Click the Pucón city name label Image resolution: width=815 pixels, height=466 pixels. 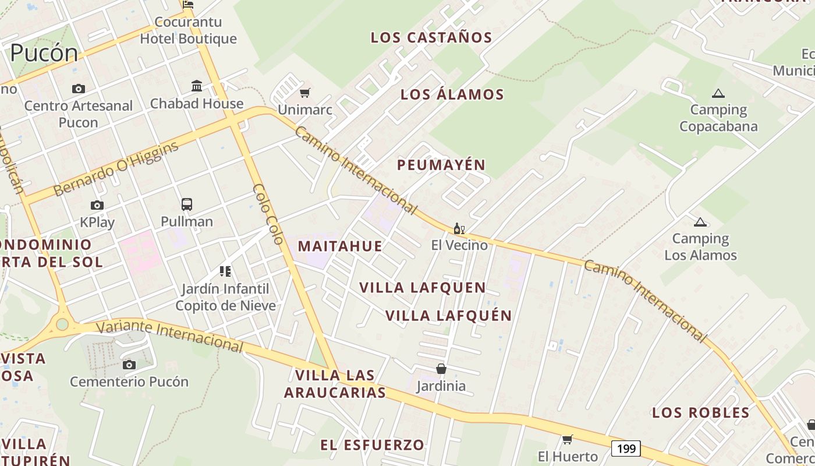[44, 53]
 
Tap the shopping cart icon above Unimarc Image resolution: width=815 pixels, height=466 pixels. [304, 93]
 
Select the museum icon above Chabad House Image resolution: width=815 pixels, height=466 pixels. [197, 86]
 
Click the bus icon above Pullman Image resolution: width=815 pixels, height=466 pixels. [186, 204]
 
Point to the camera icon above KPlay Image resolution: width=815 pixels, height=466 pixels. [97, 205]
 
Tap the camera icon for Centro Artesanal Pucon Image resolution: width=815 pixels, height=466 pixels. [78, 89]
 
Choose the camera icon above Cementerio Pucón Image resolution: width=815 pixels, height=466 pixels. [129, 365]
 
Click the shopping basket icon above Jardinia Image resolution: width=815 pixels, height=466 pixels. [441, 369]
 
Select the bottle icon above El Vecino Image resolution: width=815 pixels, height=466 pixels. [459, 228]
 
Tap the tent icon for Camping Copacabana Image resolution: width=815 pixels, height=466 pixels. [718, 93]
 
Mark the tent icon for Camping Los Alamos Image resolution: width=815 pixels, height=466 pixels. [700, 221]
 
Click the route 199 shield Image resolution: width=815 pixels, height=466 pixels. [626, 449]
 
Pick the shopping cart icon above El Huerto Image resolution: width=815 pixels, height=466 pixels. [568, 439]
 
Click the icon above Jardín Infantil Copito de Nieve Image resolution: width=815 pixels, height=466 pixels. [225, 271]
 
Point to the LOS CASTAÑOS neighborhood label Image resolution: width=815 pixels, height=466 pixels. [431, 38]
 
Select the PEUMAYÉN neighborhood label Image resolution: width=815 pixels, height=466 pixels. [441, 165]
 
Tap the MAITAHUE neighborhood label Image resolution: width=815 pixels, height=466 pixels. [340, 246]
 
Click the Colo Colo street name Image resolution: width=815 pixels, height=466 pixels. [268, 214]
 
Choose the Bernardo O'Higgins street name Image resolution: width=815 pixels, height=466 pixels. [116, 169]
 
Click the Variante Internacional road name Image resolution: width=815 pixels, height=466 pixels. [169, 336]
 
